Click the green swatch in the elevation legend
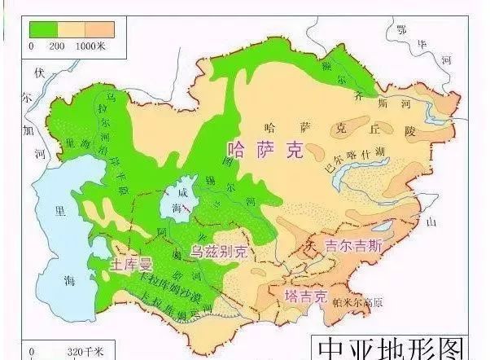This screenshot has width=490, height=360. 46,29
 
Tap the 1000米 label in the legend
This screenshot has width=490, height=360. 91,46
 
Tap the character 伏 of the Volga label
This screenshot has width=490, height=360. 37,72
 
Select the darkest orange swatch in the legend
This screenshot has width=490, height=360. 98,29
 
